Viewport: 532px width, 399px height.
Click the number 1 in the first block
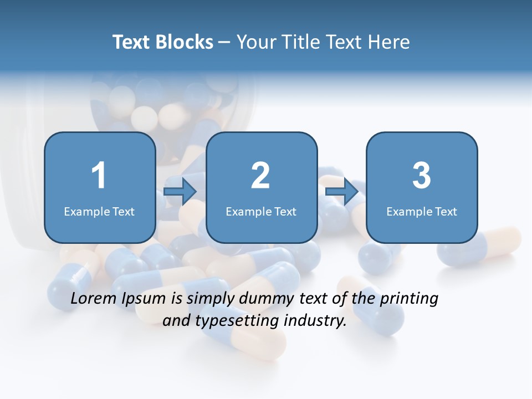pyautogui.click(x=99, y=176)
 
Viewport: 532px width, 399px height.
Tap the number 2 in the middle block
pyautogui.click(x=260, y=176)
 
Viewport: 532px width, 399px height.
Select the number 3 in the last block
pyautogui.click(x=421, y=176)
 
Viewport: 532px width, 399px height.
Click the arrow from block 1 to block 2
pyautogui.click(x=181, y=192)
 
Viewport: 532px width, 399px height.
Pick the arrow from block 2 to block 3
pyautogui.click(x=342, y=192)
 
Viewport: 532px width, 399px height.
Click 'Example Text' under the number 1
pyautogui.click(x=99, y=212)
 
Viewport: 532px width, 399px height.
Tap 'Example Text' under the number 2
pyautogui.click(x=261, y=212)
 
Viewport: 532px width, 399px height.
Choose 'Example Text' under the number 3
pyautogui.click(x=422, y=212)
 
